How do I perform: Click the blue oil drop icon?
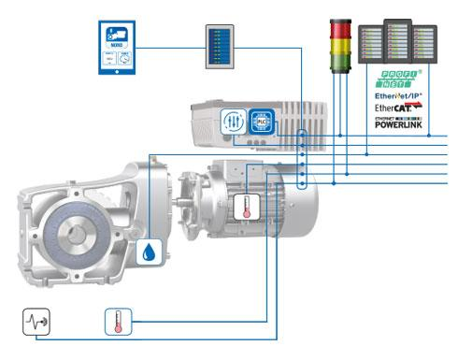point(150,251)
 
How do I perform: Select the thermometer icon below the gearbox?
point(118,324)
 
